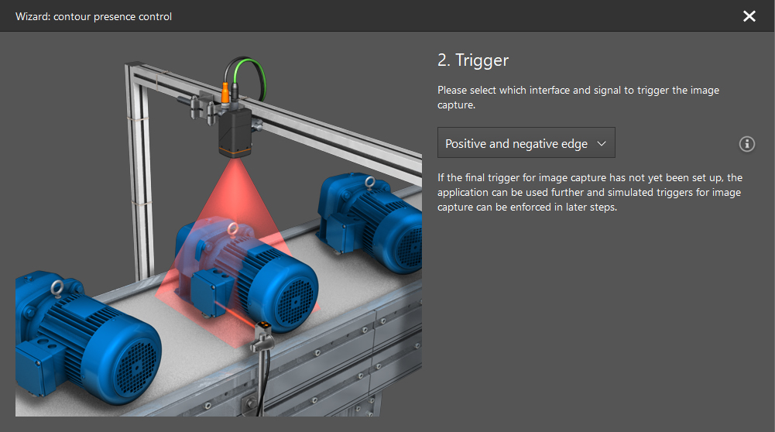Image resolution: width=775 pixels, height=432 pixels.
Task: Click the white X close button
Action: pyautogui.click(x=749, y=16)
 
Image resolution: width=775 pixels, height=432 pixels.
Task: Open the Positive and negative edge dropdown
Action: pyautogui.click(x=526, y=143)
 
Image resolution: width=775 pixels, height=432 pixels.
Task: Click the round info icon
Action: pyautogui.click(x=747, y=144)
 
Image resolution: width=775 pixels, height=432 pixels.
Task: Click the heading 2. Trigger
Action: pyautogui.click(x=473, y=60)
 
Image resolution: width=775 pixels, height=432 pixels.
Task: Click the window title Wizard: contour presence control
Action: pyautogui.click(x=94, y=16)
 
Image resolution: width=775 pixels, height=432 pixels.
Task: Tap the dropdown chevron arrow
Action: pyautogui.click(x=602, y=144)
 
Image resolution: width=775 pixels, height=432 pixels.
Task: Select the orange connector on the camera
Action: pyautogui.click(x=225, y=94)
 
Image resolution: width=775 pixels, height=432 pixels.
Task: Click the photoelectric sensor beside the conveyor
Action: pyautogui.click(x=262, y=336)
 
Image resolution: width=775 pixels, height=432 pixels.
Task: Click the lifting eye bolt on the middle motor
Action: pyautogui.click(x=232, y=229)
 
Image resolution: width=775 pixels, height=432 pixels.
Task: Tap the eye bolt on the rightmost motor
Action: pyautogui.click(x=370, y=183)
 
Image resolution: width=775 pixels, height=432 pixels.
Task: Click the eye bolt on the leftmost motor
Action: pyautogui.click(x=57, y=288)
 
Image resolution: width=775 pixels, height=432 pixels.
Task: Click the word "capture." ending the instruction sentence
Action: pyautogui.click(x=456, y=105)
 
